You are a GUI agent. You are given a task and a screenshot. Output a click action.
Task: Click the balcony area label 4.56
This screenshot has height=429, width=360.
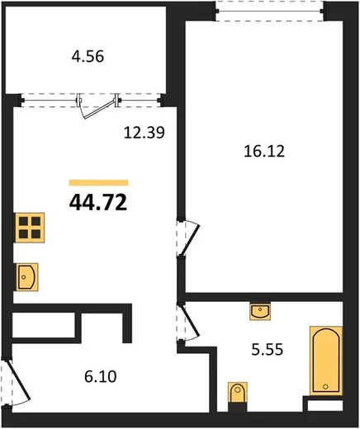click(88, 57)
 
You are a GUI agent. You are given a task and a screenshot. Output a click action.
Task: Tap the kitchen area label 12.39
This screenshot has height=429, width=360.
click(144, 132)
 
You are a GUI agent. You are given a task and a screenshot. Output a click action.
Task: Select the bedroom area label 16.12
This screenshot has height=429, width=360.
click(264, 151)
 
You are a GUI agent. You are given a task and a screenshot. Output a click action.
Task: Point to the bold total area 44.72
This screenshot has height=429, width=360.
click(98, 202)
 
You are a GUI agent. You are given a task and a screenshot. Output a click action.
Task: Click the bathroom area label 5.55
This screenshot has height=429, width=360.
click(268, 350)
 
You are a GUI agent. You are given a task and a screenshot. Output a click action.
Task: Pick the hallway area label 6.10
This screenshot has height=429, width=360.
click(101, 376)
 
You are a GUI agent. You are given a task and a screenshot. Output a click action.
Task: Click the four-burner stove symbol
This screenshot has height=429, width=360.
click(30, 228)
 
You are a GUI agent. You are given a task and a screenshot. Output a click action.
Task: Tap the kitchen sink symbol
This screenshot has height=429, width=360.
click(27, 277)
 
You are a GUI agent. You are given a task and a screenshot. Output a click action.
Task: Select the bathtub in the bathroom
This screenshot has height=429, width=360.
click(326, 361)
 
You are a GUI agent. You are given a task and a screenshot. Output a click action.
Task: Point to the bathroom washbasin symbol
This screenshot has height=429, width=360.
click(260, 311)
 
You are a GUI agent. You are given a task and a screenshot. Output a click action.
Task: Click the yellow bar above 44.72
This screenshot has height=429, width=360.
click(98, 182)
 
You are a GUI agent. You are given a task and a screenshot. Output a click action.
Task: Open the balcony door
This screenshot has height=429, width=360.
click(98, 106)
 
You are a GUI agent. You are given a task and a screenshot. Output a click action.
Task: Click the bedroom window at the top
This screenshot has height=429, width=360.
click(270, 12)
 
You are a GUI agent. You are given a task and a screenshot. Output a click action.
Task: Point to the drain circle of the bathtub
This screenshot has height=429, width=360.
click(325, 387)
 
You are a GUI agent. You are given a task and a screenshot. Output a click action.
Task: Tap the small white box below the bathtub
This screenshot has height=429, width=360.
click(325, 405)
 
